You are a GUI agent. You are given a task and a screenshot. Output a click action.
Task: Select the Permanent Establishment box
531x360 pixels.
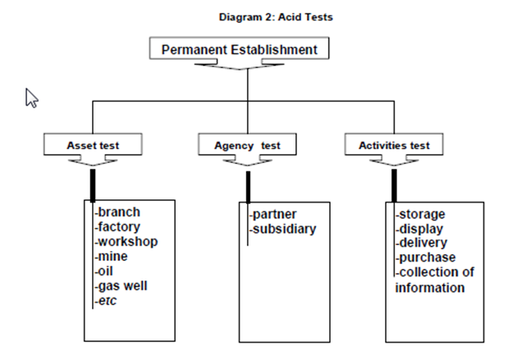[x=239, y=49]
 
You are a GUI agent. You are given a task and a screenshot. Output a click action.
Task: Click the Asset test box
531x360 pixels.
[x=93, y=145]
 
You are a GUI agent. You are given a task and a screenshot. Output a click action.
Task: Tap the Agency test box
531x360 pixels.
[x=247, y=145]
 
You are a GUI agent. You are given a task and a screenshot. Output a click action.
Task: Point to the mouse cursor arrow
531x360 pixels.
[x=32, y=98]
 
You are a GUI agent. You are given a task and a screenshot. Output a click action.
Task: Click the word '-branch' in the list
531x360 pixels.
[x=117, y=212]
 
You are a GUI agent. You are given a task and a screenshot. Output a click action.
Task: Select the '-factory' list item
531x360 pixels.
[x=117, y=227]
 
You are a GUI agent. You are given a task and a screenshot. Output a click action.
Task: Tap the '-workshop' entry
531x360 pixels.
[x=126, y=242]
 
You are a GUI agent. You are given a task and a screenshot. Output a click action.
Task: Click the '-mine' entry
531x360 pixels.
[x=112, y=257]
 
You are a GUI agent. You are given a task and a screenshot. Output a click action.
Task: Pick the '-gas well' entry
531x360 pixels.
[x=122, y=286]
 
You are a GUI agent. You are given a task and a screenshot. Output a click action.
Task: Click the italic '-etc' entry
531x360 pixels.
[x=107, y=301]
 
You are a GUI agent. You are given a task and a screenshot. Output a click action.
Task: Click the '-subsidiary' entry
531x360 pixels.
[x=282, y=230]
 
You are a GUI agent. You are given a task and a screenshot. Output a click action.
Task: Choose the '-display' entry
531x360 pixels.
[x=420, y=229]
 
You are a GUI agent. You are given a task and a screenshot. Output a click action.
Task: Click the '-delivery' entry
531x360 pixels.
[x=422, y=244]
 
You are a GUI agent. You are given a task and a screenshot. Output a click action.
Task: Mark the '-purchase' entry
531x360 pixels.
[x=425, y=258]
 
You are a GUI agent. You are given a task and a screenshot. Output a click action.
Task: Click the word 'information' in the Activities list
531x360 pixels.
[x=430, y=288]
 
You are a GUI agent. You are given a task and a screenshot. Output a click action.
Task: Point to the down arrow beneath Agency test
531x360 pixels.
[x=247, y=163]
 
